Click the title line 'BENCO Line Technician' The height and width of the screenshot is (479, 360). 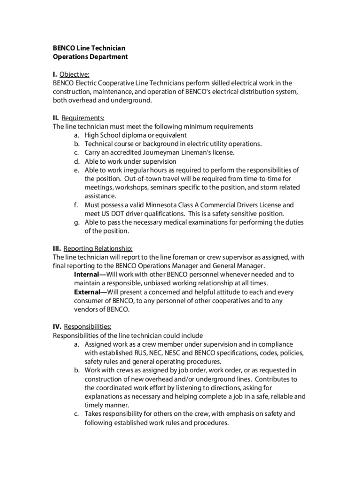(x=89, y=48)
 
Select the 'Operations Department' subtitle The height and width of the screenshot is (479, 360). (x=90, y=57)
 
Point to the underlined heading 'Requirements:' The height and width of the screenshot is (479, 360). (x=83, y=118)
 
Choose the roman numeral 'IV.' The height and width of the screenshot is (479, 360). (x=57, y=327)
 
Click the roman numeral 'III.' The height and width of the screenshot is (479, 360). (x=57, y=248)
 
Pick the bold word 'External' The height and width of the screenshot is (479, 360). (x=86, y=292)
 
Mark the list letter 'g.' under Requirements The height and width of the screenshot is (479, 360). (x=76, y=222)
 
